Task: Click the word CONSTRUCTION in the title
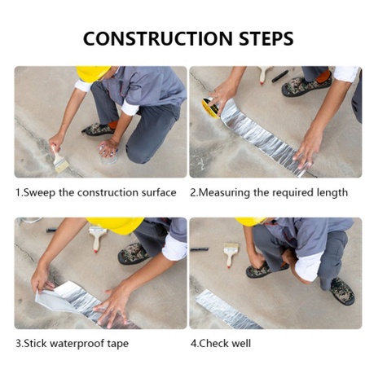point(158,38)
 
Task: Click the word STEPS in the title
point(266,38)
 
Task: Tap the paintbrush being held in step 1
point(59,160)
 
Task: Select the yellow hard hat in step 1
point(92,73)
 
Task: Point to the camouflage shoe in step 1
point(99,130)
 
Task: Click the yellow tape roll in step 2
point(211,108)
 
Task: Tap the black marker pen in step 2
point(280,77)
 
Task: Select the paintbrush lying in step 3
point(98,239)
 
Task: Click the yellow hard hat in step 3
point(116,225)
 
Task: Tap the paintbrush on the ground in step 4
point(231,254)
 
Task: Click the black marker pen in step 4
point(200,249)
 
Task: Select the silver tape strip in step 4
point(227,310)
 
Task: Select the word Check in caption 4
point(213,343)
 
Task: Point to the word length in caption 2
point(332,193)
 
